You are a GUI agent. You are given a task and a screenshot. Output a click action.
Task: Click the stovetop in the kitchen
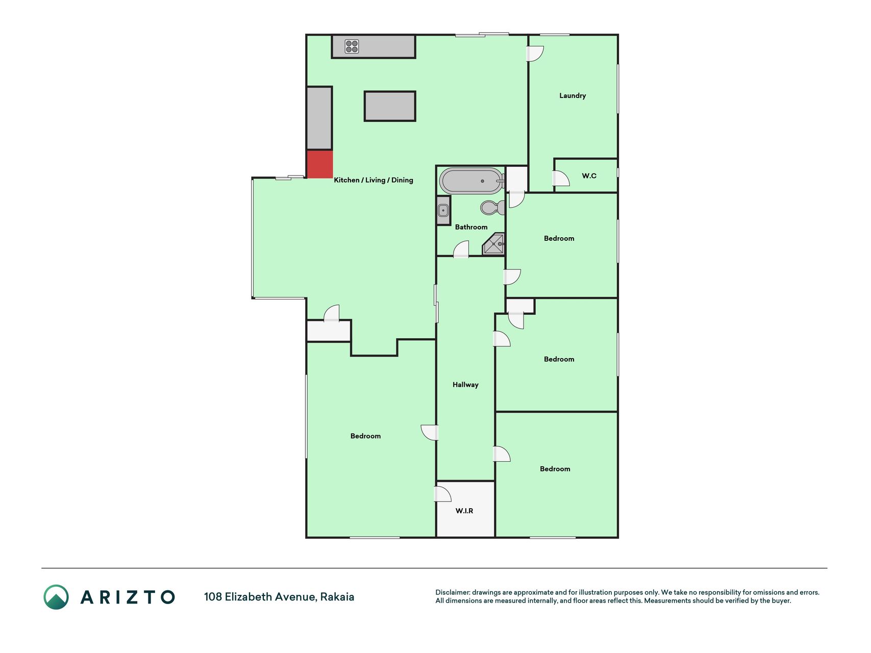352,46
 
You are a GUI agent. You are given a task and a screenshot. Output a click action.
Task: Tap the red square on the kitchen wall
320,164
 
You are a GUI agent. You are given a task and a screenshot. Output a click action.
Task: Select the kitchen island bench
390,106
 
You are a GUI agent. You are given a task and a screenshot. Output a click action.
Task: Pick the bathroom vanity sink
443,210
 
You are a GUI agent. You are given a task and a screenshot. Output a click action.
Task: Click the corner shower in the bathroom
494,244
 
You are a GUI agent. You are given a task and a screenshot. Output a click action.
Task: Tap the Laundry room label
573,95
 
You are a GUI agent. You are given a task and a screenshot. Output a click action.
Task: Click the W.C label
589,175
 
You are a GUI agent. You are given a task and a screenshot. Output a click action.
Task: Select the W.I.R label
464,511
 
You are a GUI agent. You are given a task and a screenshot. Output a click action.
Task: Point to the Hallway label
465,385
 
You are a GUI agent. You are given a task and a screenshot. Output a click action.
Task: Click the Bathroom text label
471,227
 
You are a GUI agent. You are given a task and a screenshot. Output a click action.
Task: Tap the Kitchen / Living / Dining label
374,180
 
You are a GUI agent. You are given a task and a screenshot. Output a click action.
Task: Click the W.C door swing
561,178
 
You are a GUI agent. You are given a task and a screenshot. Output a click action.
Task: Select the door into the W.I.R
442,494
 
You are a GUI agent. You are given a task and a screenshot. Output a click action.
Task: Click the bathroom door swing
461,249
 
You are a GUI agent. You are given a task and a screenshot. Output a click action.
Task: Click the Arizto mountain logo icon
56,597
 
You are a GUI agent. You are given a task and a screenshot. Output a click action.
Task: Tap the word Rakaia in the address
337,597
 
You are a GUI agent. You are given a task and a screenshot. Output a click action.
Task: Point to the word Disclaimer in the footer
453,592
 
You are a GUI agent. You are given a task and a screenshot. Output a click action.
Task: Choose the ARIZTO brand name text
128,597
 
